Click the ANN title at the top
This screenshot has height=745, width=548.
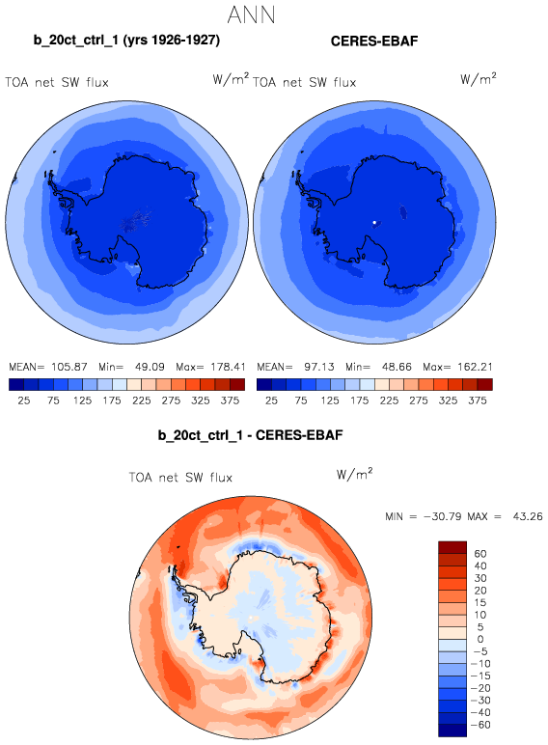tap(251, 14)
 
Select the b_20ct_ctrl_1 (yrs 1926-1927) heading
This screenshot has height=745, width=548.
tap(126, 41)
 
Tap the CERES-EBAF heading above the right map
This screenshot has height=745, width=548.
tap(374, 41)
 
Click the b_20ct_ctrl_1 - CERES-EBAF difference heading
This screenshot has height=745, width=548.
tap(250, 435)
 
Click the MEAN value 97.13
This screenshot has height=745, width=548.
tap(319, 367)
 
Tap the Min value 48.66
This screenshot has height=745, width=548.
tap(397, 367)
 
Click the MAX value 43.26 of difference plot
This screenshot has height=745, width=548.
tap(528, 516)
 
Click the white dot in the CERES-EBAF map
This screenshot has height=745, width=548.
tap(374, 222)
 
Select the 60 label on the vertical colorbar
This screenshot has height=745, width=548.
tap(480, 554)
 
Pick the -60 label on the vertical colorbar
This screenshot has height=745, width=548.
tap(480, 725)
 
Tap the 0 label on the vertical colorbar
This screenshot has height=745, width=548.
tap(480, 639)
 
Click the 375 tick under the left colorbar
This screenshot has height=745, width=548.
tap(230, 400)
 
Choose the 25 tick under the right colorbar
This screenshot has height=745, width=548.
tap(271, 400)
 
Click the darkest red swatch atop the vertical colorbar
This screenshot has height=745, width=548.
tap(452, 547)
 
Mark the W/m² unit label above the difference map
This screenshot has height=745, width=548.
tap(354, 474)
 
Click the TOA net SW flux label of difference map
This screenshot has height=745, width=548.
tap(180, 477)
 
